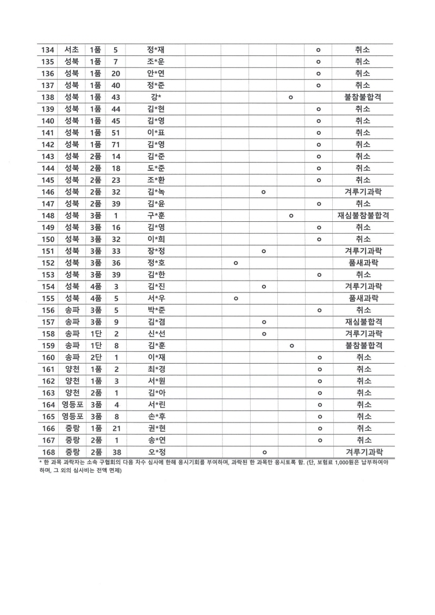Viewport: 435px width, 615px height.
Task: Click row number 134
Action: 48,50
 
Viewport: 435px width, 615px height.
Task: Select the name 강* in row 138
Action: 156,97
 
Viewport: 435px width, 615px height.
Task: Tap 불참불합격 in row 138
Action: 363,97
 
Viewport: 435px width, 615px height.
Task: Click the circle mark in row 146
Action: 263,192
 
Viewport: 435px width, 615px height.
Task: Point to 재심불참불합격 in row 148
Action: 363,216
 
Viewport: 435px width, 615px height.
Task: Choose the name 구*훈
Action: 156,216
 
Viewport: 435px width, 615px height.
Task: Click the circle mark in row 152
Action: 235,263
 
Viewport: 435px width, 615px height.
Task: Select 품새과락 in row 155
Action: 363,298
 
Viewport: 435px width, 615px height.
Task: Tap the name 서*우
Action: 156,298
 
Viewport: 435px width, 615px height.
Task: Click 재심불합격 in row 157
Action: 363,322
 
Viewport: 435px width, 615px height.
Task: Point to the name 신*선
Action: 156,334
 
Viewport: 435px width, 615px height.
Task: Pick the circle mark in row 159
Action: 291,345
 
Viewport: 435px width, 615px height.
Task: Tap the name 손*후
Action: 156,417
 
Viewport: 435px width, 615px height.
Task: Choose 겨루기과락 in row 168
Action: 363,452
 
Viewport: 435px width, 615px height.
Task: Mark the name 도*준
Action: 156,168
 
